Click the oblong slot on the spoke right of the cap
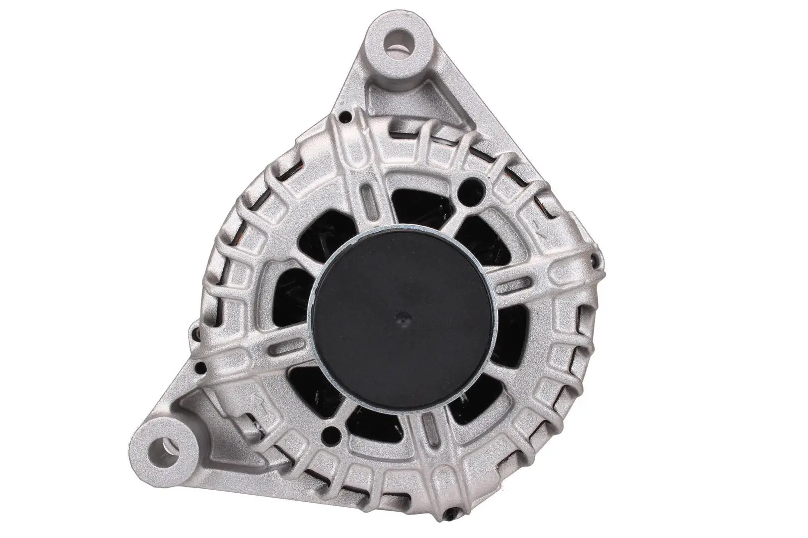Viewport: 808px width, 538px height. pyautogui.click(x=515, y=289)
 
